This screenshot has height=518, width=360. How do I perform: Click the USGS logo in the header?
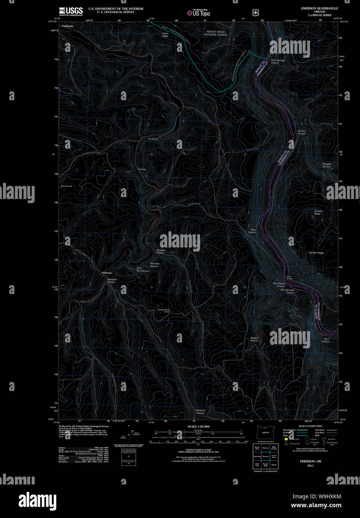(70, 11)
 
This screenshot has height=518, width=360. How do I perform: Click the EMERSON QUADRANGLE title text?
(319, 8)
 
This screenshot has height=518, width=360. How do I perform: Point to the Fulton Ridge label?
(165, 35)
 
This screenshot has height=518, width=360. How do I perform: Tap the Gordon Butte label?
(318, 212)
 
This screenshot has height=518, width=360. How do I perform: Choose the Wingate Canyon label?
(326, 165)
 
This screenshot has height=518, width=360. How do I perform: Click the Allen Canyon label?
(252, 231)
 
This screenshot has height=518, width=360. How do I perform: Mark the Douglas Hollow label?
(160, 252)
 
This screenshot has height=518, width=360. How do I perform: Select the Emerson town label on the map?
(107, 273)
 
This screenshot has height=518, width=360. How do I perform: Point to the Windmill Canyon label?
(200, 411)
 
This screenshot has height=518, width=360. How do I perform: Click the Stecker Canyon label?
(254, 339)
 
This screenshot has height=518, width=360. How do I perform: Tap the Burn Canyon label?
(326, 340)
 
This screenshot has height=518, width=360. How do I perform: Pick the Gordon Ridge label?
(316, 253)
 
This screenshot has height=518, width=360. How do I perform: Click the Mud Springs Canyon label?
(287, 291)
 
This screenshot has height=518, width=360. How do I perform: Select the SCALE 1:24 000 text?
(198, 426)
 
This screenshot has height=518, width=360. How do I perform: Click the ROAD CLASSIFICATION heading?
(310, 426)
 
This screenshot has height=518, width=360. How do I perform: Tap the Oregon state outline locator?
(265, 432)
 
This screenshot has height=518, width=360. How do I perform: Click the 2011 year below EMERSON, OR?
(310, 465)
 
